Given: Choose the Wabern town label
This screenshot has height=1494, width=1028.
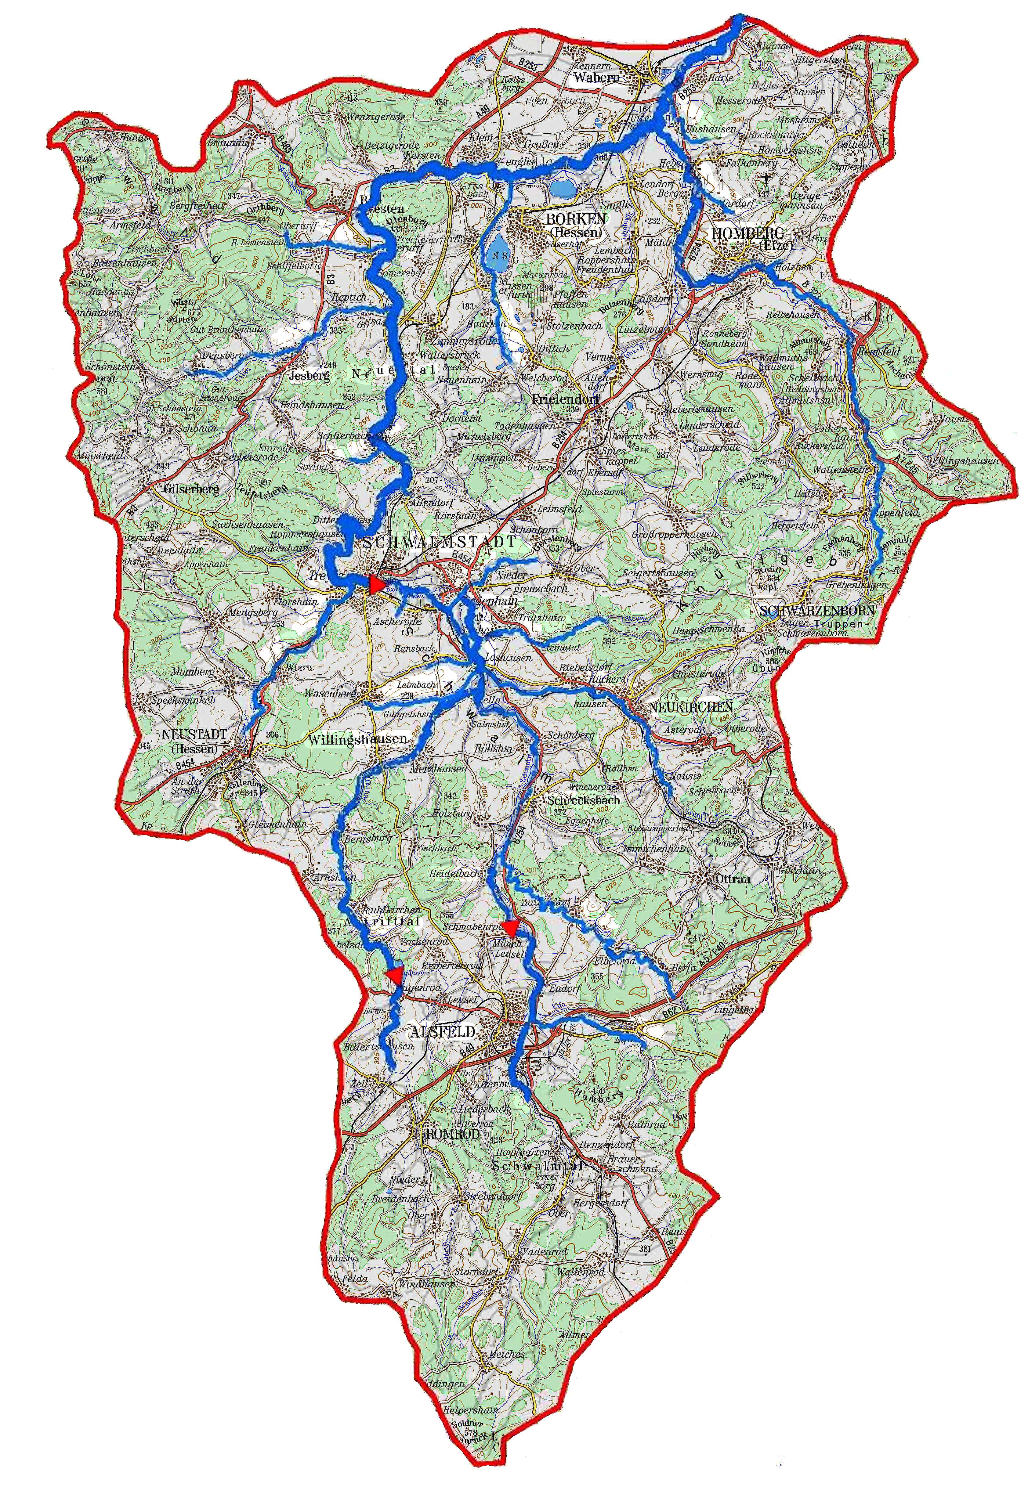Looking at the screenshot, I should coord(597,77).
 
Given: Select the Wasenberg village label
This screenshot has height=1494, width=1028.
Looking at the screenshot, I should coord(331,694).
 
